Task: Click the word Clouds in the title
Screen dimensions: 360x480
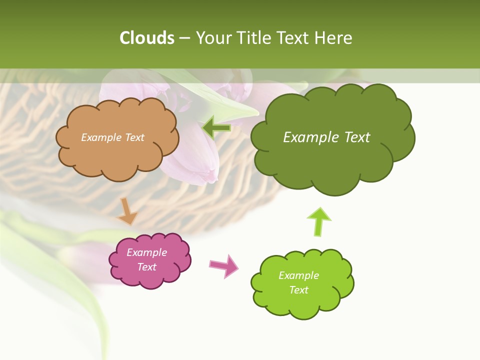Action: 147,38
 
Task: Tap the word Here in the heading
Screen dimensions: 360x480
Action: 333,38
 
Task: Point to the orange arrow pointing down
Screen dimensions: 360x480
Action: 127,211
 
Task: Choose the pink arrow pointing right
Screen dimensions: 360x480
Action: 224,266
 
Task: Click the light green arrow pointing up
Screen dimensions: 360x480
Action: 319,221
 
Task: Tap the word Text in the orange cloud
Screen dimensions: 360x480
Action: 134,137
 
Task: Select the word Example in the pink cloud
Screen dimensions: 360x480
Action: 147,252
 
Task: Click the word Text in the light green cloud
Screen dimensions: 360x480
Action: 298,290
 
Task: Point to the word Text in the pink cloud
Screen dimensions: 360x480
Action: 147,267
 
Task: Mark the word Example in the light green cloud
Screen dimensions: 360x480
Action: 298,275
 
